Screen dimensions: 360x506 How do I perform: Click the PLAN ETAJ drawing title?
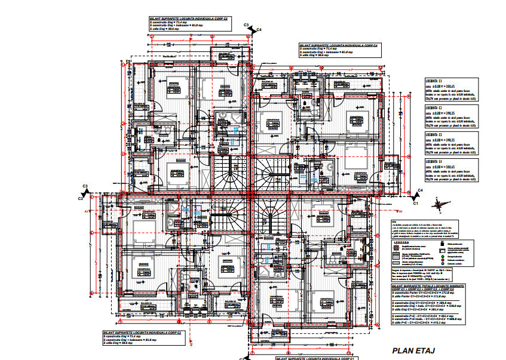click(x=412, y=350)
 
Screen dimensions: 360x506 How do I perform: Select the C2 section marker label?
click(x=80, y=199)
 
